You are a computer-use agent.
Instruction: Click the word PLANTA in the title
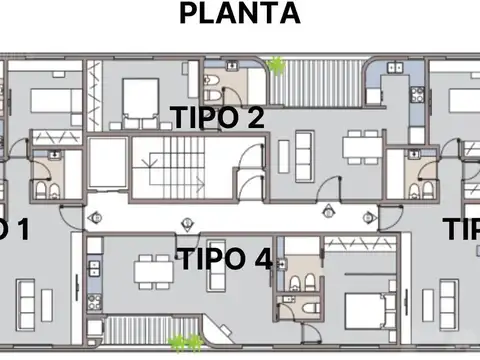click(x=239, y=14)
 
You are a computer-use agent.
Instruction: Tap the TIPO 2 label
click(x=217, y=117)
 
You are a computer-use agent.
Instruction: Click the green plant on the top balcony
click(x=276, y=66)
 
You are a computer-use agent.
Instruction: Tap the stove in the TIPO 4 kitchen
click(x=93, y=266)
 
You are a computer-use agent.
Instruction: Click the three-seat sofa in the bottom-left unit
click(x=27, y=294)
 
